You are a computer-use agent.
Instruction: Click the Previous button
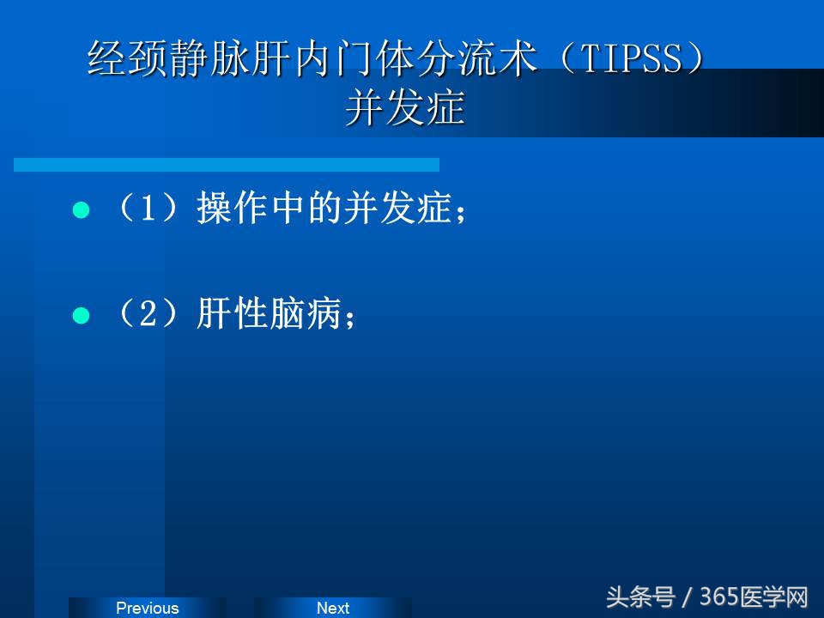pyautogui.click(x=147, y=608)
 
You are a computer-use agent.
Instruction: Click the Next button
pyautogui.click(x=332, y=608)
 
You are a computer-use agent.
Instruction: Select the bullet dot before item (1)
pyautogui.click(x=82, y=210)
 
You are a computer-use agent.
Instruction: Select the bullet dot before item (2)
pyautogui.click(x=82, y=316)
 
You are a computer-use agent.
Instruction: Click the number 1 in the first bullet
pyautogui.click(x=147, y=209)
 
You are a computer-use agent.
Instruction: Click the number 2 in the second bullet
pyautogui.click(x=147, y=315)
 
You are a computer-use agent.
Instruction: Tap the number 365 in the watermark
pyautogui.click(x=719, y=597)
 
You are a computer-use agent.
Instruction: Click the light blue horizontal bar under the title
pyautogui.click(x=227, y=164)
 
